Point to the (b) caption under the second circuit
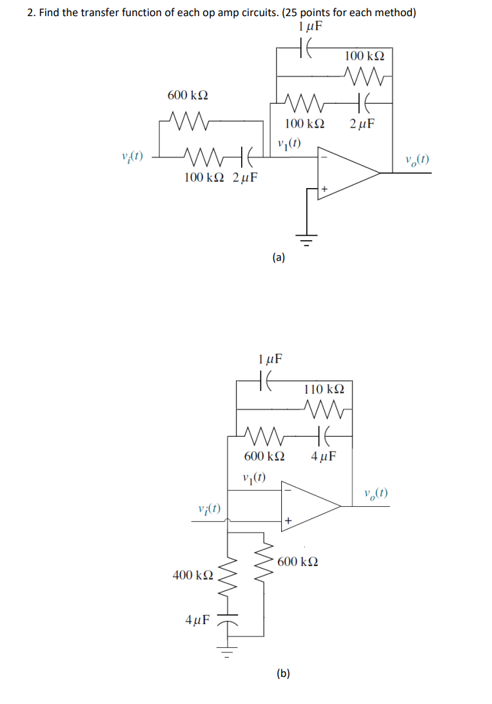[x=283, y=674]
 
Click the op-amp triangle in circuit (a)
[x=345, y=171]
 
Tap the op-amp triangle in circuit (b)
[x=308, y=507]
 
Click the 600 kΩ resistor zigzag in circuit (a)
[x=187, y=120]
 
